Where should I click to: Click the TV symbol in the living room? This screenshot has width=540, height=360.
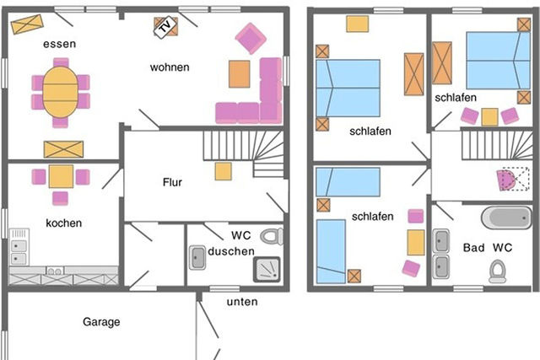[164, 27]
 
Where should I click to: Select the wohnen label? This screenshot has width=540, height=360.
[170, 67]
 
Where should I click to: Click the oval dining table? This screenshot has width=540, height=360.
[60, 91]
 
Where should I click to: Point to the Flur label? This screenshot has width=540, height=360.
[173, 181]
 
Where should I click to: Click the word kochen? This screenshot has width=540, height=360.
[64, 223]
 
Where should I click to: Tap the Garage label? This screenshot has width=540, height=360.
[101, 321]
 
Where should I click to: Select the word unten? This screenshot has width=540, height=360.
[242, 301]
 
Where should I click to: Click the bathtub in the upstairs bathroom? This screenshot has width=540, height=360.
[506, 218]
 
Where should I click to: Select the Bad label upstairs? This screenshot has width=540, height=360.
[473, 248]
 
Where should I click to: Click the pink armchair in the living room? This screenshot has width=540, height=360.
[251, 38]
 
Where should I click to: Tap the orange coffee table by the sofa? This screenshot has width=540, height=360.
[240, 74]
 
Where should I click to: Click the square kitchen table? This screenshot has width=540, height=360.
[61, 176]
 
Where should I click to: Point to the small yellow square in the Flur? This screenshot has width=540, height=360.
[223, 171]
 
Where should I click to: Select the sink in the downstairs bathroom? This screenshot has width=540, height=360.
[197, 257]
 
